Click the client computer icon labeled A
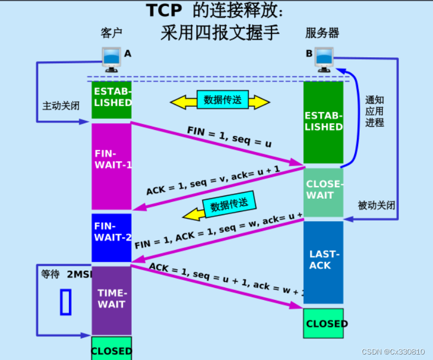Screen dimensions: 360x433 coord(111,59)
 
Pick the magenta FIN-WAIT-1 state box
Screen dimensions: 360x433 coord(112,166)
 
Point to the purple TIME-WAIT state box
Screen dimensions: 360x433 coord(112,300)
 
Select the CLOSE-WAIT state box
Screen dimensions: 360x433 coord(323,190)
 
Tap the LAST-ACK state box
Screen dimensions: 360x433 coord(323,261)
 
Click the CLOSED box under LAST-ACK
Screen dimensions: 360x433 coord(323,323)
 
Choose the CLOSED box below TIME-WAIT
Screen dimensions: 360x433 coord(112,349)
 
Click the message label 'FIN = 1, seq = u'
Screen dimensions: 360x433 coord(229,137)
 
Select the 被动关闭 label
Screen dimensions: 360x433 coord(376,205)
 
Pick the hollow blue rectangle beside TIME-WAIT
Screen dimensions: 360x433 coord(66,302)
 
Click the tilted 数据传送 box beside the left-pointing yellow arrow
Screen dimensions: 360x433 coord(229,205)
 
